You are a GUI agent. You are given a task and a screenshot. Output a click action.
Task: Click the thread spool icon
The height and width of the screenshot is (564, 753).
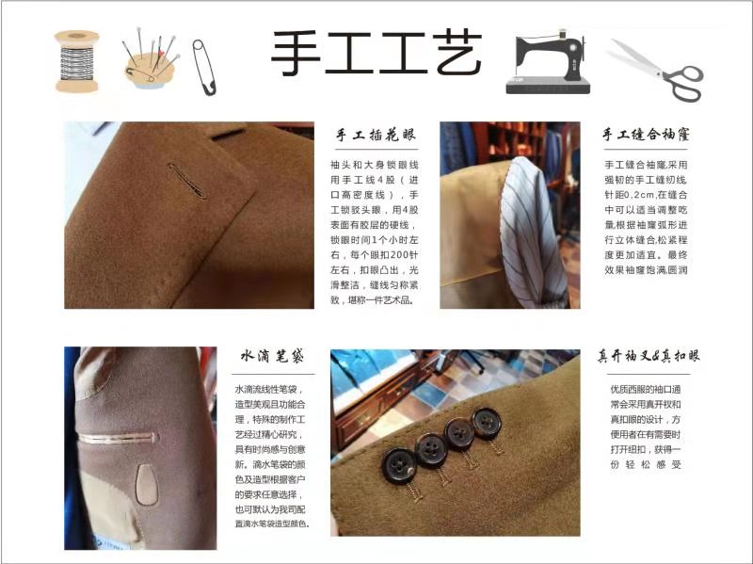76,61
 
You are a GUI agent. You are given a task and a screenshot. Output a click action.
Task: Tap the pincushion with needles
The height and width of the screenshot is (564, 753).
151,62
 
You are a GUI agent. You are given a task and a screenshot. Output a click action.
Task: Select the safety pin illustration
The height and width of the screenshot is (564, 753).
203,67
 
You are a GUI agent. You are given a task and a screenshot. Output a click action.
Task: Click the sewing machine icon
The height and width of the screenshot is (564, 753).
548,62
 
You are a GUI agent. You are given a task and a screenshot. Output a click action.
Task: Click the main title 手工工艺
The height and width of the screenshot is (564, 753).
377,53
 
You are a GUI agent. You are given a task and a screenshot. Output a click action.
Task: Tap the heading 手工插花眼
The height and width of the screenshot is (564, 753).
375,135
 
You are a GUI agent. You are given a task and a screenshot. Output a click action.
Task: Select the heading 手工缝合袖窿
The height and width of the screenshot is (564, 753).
646,134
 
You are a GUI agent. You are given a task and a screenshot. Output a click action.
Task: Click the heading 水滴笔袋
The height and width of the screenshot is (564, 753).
272,356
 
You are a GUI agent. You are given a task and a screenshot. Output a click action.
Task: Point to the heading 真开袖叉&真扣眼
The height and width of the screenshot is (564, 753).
649,356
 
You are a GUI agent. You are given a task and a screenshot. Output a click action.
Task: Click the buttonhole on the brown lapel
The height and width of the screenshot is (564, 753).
187,181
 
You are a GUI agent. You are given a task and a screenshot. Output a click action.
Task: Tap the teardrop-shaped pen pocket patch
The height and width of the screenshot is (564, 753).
147,484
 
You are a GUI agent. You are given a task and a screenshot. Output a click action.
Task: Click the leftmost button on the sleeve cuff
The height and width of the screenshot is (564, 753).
399,466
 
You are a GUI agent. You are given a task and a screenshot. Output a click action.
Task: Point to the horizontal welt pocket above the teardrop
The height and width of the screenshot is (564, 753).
119,438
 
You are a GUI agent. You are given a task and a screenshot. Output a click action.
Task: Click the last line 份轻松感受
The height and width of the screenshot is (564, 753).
646,464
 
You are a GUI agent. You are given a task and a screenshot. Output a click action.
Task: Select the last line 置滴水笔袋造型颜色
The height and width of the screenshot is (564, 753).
272,524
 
